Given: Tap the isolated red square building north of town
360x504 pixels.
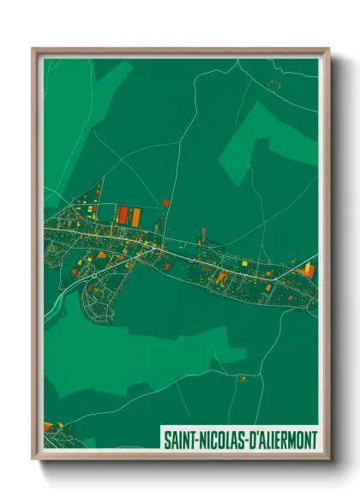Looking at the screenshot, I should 165,203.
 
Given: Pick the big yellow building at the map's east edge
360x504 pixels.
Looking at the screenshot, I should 308,268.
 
